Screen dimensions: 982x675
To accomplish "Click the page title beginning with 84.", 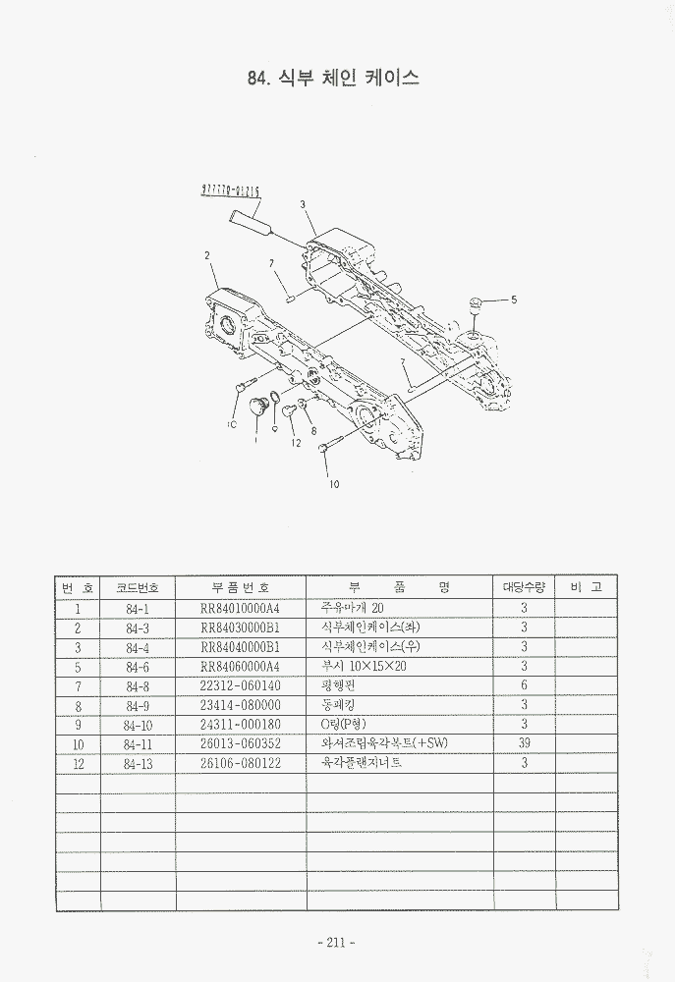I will pos(335,79).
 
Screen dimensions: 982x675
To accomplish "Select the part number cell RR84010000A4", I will pos(241,608).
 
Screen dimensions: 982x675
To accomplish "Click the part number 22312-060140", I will pos(241,685).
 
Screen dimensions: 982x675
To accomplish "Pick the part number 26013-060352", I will pos(241,743).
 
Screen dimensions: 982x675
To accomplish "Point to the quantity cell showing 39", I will pos(524,743).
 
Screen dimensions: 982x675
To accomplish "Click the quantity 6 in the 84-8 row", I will pos(524,685).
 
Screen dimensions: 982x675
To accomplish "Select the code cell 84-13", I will pos(138,763).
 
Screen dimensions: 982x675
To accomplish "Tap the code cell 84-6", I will pos(138,666).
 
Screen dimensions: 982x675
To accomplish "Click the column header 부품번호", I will pos(241,587).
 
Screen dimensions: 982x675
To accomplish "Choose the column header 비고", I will pos(586,587).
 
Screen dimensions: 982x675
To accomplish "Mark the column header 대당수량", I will pos(524,587).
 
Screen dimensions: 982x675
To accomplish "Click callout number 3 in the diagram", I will pos(304,204).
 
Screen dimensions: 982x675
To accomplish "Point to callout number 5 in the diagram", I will pos(513,299).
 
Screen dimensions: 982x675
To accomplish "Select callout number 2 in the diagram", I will pos(207,255).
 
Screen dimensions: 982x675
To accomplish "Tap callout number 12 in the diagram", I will pos(295,444).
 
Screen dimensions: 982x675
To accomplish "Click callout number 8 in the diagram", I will pos(312,430).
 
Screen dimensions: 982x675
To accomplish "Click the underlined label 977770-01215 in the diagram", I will pos(230,191).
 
